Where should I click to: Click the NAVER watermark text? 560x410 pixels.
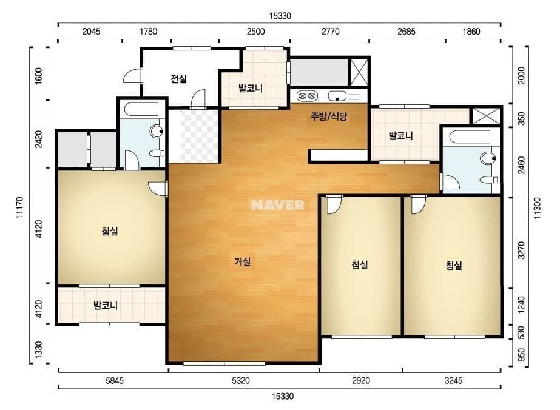click(x=278, y=205)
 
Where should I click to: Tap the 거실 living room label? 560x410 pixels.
click(x=242, y=262)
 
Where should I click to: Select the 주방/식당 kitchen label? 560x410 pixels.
click(x=329, y=117)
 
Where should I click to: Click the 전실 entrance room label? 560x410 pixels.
click(x=178, y=79)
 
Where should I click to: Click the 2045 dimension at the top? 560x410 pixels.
click(x=91, y=32)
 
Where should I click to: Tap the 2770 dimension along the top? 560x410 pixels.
click(x=330, y=32)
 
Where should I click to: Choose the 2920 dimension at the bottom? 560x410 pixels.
click(x=360, y=381)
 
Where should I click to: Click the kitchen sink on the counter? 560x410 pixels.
click(x=336, y=96)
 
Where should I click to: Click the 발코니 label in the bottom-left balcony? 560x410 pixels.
click(x=105, y=306)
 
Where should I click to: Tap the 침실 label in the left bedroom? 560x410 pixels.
click(x=110, y=231)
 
